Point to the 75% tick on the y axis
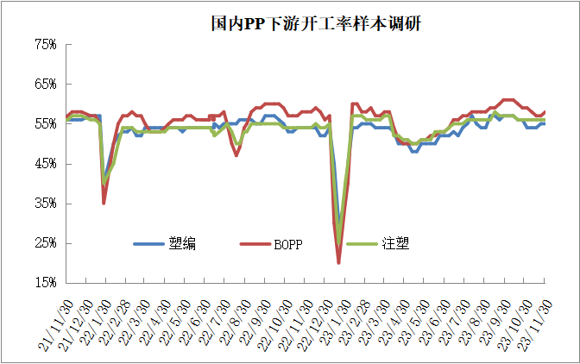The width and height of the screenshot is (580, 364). click(x=44, y=45)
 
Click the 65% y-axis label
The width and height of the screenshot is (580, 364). click(x=44, y=85)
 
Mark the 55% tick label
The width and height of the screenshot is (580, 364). click(x=44, y=124)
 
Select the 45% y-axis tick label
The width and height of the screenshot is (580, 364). click(x=44, y=164)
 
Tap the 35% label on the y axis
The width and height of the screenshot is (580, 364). click(x=44, y=204)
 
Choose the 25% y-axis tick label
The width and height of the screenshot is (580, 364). click(x=44, y=243)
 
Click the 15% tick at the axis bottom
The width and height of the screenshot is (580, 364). click(x=44, y=283)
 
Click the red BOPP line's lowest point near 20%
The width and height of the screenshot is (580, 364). click(x=338, y=262)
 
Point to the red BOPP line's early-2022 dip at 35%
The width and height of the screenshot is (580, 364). click(x=104, y=203)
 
